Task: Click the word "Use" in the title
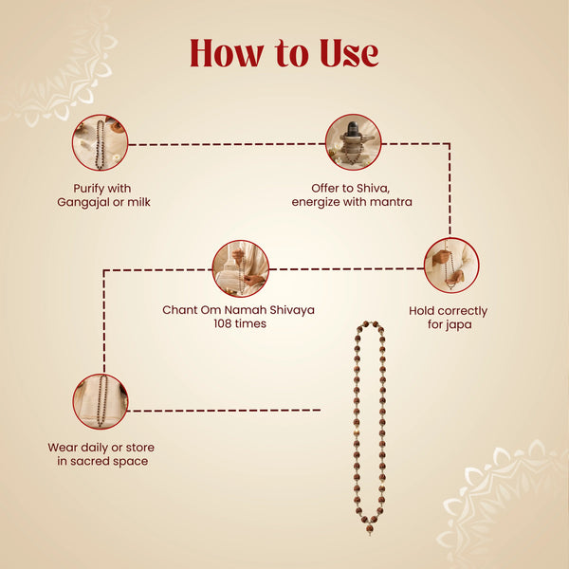pos(349,53)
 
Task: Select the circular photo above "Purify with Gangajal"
pos(101,143)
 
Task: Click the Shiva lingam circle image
pos(354,142)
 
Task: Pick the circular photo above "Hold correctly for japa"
pos(451,266)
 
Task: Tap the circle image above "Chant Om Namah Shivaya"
pos(241,268)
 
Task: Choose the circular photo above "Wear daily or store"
pos(101,402)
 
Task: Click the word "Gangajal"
pos(83,203)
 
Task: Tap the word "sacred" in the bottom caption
pos(91,461)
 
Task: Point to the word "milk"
pos(138,202)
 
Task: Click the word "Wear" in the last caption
pos(61,448)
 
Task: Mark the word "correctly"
pos(458,311)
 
